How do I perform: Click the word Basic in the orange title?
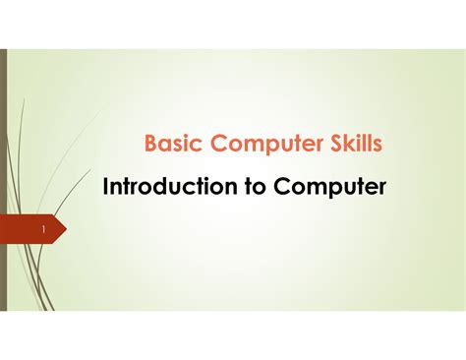[170, 145]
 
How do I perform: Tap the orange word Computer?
[263, 145]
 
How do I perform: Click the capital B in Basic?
[151, 145]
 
